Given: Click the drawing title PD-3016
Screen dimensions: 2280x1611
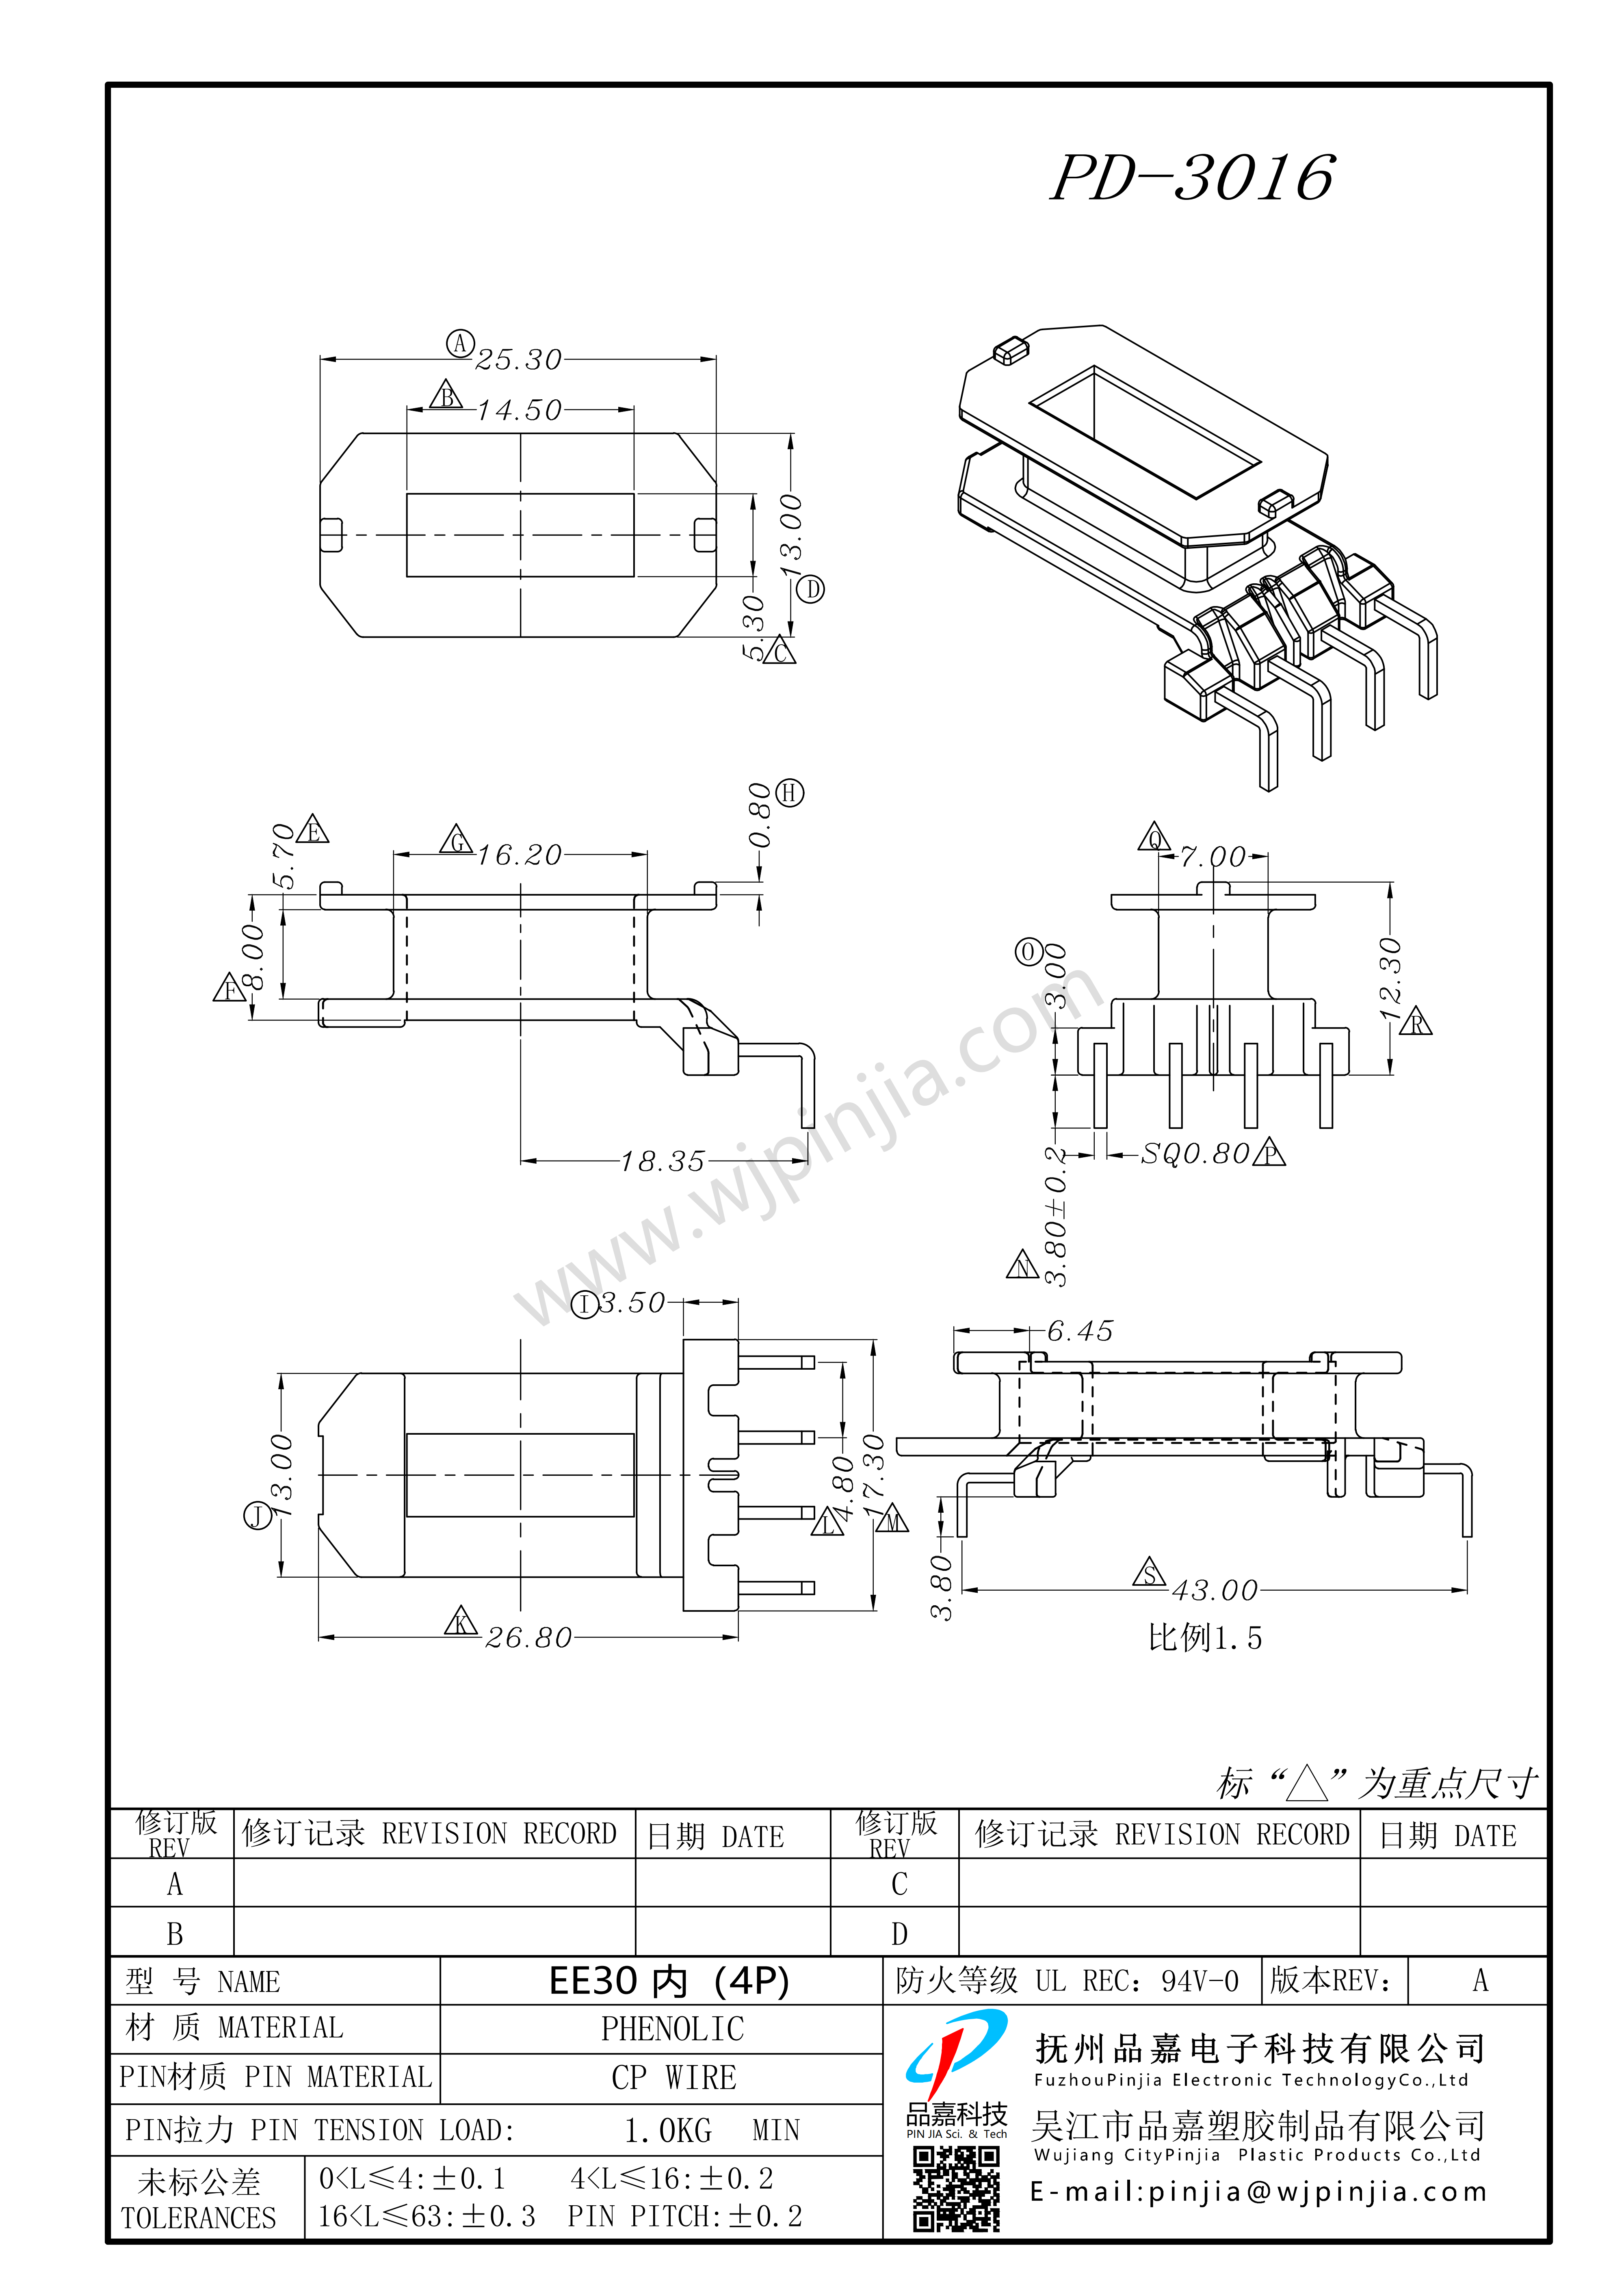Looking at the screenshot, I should [x=1192, y=179].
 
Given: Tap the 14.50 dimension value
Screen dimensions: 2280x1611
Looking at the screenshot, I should [x=518, y=410].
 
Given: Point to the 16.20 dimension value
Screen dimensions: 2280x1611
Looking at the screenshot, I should [x=520, y=855].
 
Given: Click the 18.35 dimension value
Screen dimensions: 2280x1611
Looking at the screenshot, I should [x=663, y=1161].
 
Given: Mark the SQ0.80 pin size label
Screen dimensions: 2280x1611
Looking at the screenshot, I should [x=1195, y=1154].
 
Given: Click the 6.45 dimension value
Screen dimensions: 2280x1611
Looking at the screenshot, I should [x=1080, y=1331].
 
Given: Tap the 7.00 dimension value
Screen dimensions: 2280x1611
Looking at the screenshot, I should [x=1213, y=856].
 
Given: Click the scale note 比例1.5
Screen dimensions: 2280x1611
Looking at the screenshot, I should [x=1205, y=1637].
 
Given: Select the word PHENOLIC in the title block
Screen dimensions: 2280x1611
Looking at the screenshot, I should [x=672, y=2029].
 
